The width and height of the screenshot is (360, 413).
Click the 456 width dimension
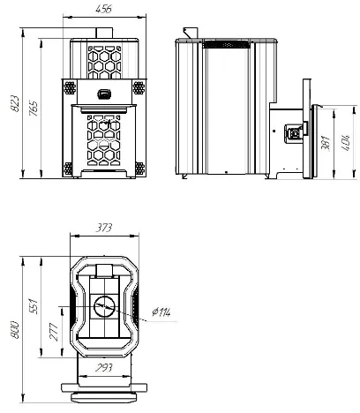104,9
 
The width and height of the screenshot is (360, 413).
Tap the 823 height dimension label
15,103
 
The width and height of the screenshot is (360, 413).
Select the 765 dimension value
34,109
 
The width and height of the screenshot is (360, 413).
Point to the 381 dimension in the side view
326,143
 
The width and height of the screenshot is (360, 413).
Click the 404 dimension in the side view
345,143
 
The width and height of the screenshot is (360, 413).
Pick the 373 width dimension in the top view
104,228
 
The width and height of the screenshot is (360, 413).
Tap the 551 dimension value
34,306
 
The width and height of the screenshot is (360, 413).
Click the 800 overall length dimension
15,330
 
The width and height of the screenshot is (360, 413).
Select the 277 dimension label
53,332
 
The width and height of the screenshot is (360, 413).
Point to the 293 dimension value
104,367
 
